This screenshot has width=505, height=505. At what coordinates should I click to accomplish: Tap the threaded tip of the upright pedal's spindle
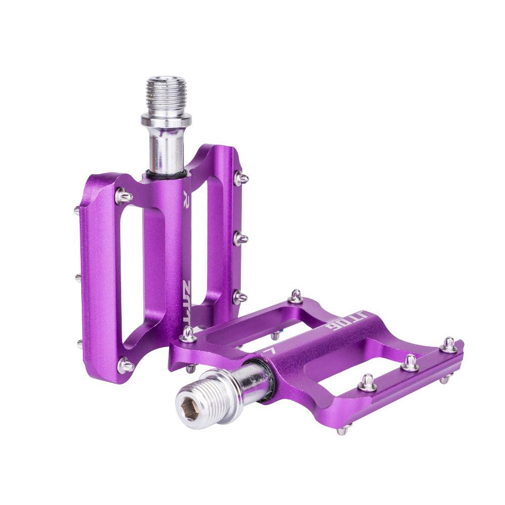(166, 94)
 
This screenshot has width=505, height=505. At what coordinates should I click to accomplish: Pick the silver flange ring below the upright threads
(166, 120)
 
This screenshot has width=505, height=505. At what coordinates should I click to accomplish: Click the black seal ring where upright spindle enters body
(165, 175)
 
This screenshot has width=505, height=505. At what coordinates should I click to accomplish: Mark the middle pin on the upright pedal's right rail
(240, 238)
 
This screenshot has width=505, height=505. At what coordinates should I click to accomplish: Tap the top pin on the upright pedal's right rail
(241, 178)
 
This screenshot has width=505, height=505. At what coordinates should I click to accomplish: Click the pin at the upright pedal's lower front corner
(125, 365)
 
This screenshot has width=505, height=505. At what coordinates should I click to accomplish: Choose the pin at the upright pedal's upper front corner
(123, 195)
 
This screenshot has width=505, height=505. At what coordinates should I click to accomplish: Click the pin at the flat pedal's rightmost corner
(448, 345)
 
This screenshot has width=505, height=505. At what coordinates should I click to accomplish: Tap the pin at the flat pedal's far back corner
(296, 296)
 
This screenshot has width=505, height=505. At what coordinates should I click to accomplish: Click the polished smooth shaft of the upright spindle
(165, 149)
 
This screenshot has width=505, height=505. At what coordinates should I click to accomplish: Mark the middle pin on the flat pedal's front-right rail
(410, 362)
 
